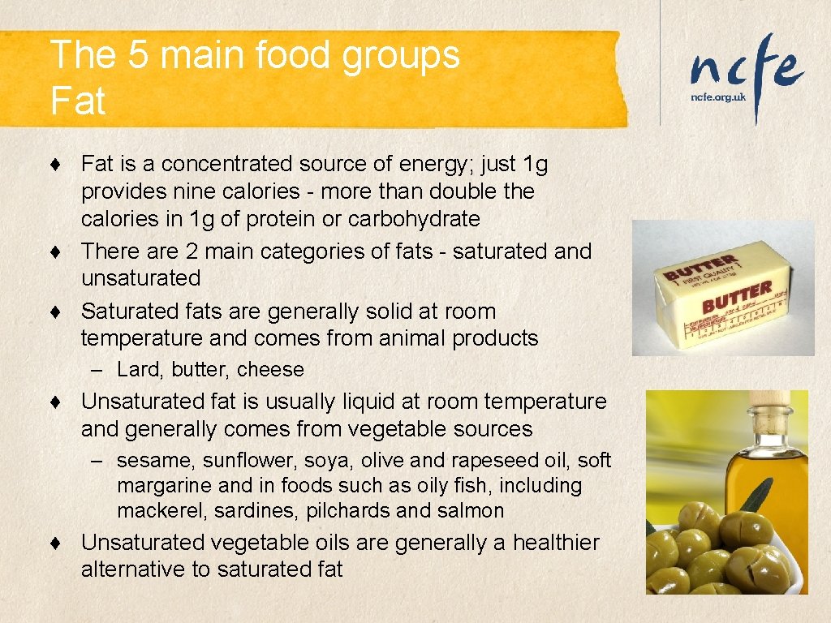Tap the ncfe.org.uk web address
pos(717,96)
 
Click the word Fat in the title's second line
pos(78,101)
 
